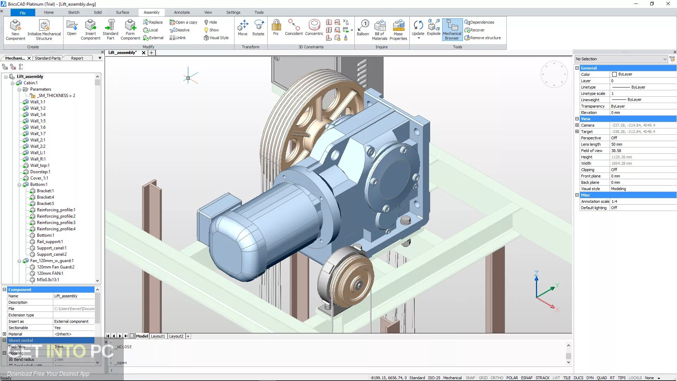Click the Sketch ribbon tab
[73, 12]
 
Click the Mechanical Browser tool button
[452, 30]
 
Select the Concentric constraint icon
[314, 28]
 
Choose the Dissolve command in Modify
[180, 30]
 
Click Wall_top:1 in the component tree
[39, 165]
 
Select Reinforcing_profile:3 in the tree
[56, 223]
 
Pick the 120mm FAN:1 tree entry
[50, 273]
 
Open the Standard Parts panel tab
[48, 58]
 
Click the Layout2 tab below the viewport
[176, 336]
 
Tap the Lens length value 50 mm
[616, 144]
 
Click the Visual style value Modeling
[618, 189]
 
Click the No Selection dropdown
[621, 59]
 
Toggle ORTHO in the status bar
[496, 378]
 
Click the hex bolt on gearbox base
[405, 221]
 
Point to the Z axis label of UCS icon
[536, 273]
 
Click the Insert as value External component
[71, 321]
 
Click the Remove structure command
[485, 38]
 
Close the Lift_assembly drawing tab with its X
[144, 53]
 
